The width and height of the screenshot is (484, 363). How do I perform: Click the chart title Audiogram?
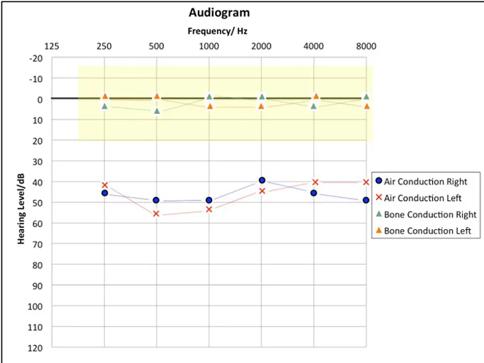tap(219, 13)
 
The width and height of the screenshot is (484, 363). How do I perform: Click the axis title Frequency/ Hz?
tap(218, 31)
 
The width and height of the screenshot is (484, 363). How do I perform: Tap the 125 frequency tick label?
tap(52, 46)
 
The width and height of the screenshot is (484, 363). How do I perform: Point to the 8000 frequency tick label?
tap(366, 46)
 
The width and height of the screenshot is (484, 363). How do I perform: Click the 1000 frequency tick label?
tap(209, 46)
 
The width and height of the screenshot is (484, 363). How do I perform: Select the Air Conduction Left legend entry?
tap(422, 198)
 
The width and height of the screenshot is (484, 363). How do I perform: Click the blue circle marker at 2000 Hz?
tap(262, 181)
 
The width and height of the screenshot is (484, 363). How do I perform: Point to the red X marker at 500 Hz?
tap(157, 214)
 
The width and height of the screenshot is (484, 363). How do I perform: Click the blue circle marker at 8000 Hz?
tap(366, 200)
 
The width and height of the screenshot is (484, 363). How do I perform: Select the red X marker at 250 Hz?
tap(105, 185)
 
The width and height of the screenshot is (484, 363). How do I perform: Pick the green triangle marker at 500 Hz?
tap(157, 111)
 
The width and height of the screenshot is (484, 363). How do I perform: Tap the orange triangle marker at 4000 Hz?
tap(314, 96)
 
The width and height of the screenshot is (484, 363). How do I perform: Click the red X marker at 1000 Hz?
tap(209, 209)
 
